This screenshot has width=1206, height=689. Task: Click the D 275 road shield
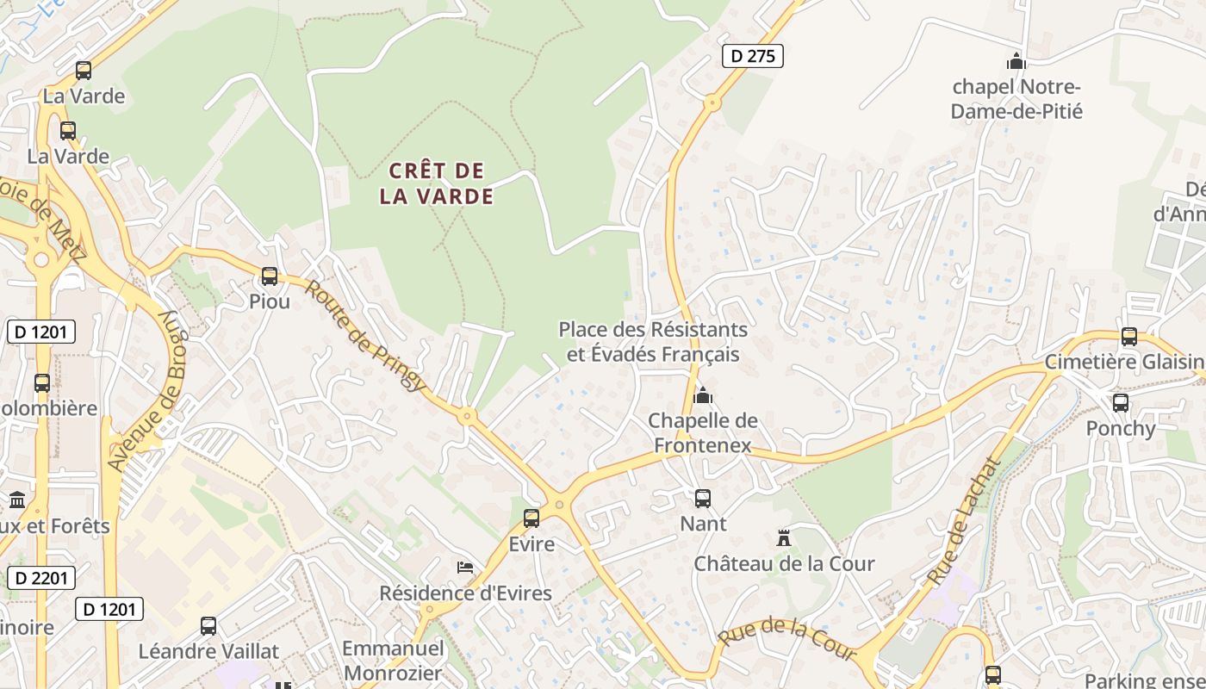752,57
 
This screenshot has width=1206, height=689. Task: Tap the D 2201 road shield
40,578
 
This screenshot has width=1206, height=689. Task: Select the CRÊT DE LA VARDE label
437,183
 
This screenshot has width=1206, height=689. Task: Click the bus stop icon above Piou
270,276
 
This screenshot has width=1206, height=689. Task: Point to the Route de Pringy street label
364,336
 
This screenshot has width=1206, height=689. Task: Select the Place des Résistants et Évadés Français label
653,341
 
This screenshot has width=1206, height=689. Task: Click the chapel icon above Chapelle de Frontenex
703,395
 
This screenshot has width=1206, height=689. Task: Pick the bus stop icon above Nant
703,498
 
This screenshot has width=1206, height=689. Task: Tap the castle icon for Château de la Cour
784,538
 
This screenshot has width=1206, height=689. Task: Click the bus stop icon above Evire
532,518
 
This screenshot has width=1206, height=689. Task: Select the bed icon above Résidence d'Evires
465,568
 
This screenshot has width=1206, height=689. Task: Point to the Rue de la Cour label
786,640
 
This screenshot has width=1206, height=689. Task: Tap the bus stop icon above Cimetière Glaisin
1129,337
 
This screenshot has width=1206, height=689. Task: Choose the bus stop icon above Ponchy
1121,402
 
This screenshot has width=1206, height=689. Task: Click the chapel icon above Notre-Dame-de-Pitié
1016,61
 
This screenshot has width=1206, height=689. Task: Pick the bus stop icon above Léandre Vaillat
208,626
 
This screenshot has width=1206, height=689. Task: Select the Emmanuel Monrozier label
393,661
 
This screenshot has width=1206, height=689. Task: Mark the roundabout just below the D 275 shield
712,103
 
